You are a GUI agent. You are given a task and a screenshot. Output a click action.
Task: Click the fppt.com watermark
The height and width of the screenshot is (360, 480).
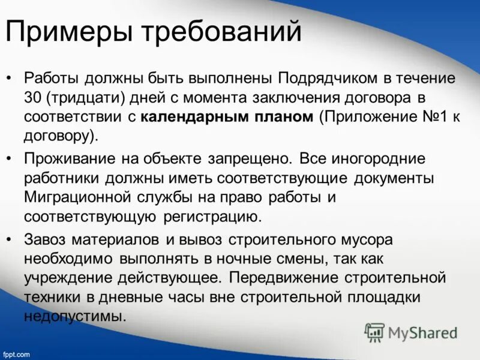click(x=16, y=355)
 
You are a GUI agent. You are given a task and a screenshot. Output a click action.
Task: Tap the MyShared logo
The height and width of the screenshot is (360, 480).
click(x=411, y=332)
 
